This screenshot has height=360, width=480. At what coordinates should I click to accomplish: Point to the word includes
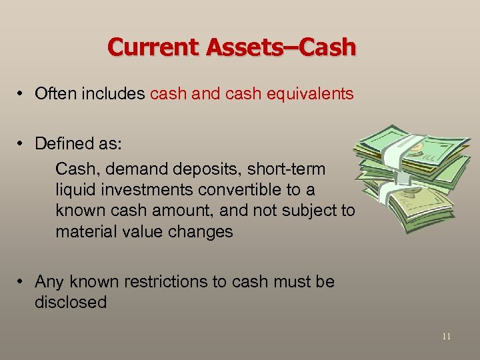coord(113,94)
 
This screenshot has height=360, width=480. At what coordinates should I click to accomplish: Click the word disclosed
coord(71,303)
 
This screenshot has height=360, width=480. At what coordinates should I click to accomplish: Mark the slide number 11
coord(446,337)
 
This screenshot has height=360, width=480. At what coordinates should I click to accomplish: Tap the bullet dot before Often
coord(22,95)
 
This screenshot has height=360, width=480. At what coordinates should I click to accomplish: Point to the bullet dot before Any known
coord(22,282)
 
